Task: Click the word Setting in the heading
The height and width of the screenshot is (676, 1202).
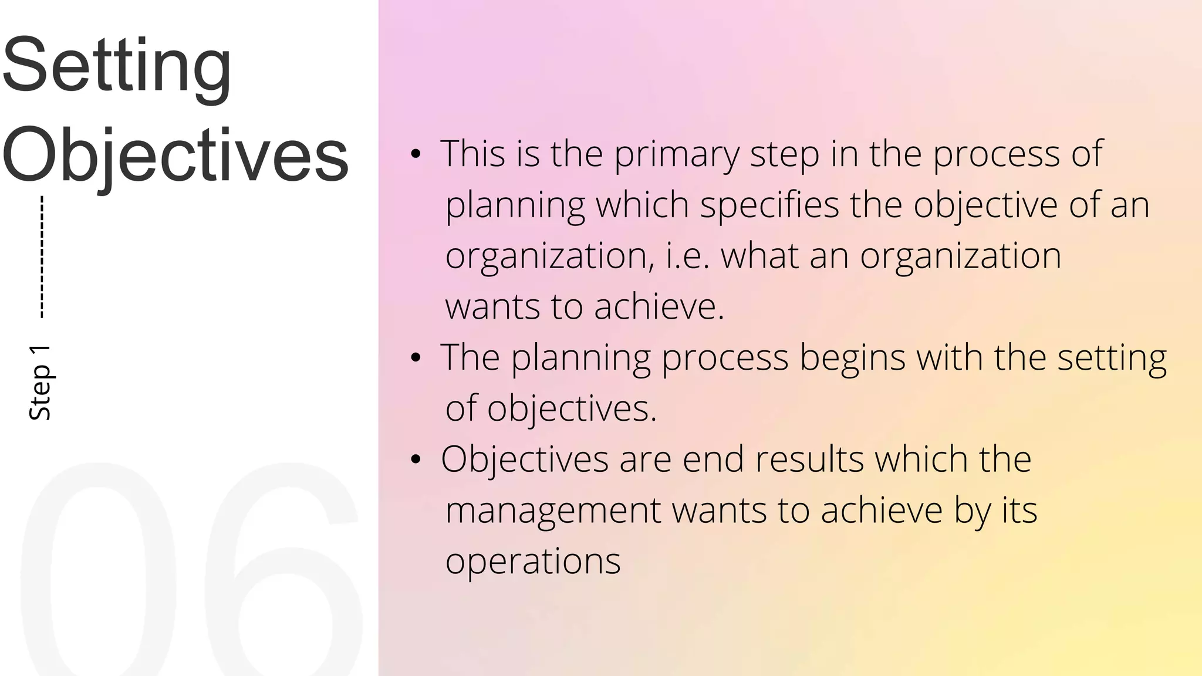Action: pyautogui.click(x=117, y=66)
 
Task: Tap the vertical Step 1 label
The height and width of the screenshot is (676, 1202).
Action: pyautogui.click(x=40, y=383)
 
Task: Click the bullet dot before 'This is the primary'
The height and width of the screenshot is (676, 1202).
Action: pyautogui.click(x=416, y=155)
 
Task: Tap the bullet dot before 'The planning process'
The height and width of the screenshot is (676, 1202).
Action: pyautogui.click(x=416, y=358)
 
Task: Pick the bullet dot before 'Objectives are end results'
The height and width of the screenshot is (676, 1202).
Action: pyautogui.click(x=416, y=460)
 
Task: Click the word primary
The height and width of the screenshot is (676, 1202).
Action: pyautogui.click(x=677, y=155)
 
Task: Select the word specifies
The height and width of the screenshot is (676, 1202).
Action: pyautogui.click(x=769, y=205)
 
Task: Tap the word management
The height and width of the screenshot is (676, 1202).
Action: pyautogui.click(x=553, y=510)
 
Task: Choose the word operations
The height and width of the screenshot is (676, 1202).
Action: pyautogui.click(x=533, y=562)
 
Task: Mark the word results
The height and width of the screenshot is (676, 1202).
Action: pyautogui.click(x=809, y=459)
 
